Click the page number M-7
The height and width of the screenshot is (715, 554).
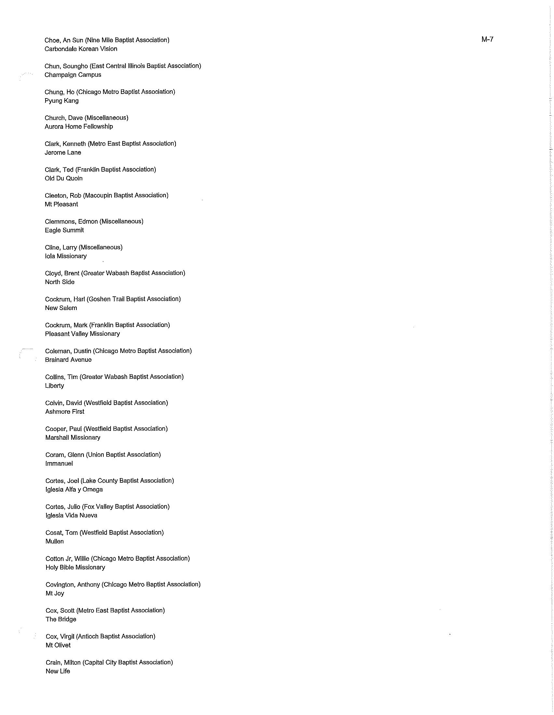(x=487, y=40)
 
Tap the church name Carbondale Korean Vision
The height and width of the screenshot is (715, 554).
(x=81, y=49)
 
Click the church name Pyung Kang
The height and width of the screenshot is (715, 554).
(x=61, y=101)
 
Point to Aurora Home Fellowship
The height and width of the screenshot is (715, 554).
(x=79, y=127)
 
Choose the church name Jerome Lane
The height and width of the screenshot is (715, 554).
(x=63, y=152)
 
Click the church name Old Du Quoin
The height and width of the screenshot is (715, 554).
(x=63, y=178)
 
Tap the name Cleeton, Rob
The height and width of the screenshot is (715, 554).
(x=63, y=195)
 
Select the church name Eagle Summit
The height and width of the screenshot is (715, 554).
(x=64, y=230)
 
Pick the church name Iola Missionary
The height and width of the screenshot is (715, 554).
(x=66, y=256)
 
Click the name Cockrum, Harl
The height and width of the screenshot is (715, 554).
(x=65, y=299)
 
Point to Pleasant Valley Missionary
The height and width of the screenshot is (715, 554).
(x=83, y=334)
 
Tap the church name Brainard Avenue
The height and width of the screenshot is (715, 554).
(x=68, y=360)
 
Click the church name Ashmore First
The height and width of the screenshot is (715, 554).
(x=65, y=412)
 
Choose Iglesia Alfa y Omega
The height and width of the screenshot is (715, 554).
(x=74, y=490)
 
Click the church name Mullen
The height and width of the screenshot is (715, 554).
(x=55, y=541)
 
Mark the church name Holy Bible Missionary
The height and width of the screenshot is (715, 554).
(x=75, y=567)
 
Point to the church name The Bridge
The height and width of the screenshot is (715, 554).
(x=61, y=619)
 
